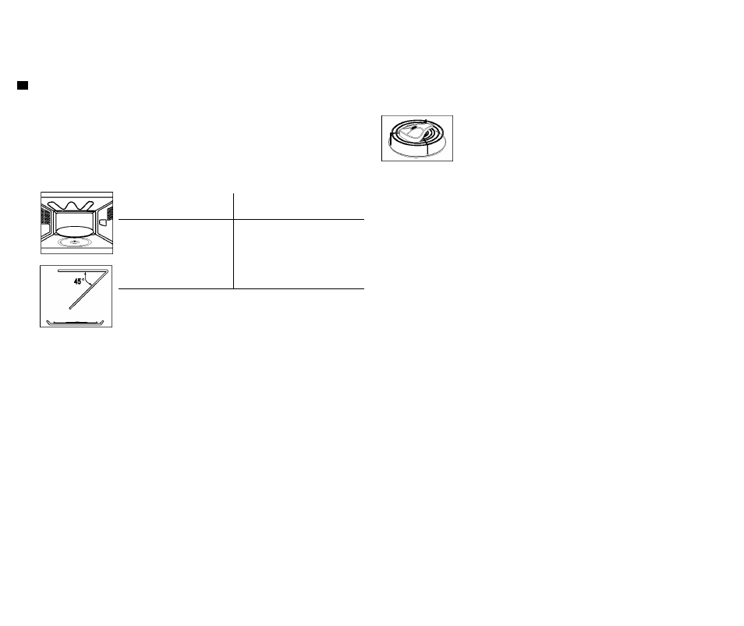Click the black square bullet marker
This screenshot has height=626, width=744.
[23, 86]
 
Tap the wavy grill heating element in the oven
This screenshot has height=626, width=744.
[71, 206]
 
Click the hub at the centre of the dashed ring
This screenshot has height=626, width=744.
[75, 242]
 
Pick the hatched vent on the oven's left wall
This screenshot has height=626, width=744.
[45, 216]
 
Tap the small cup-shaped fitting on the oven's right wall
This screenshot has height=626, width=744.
[103, 222]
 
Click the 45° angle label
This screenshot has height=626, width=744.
[79, 281]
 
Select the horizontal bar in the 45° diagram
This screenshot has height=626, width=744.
[83, 271]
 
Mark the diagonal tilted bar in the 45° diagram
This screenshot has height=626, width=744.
[89, 289]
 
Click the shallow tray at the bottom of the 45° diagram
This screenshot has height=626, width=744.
[75, 324]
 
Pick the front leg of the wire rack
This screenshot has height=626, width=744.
[428, 147]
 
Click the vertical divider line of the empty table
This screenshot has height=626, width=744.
[233, 241]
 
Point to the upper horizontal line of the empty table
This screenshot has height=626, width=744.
[241, 220]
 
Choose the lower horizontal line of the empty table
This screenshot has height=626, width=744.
[241, 288]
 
